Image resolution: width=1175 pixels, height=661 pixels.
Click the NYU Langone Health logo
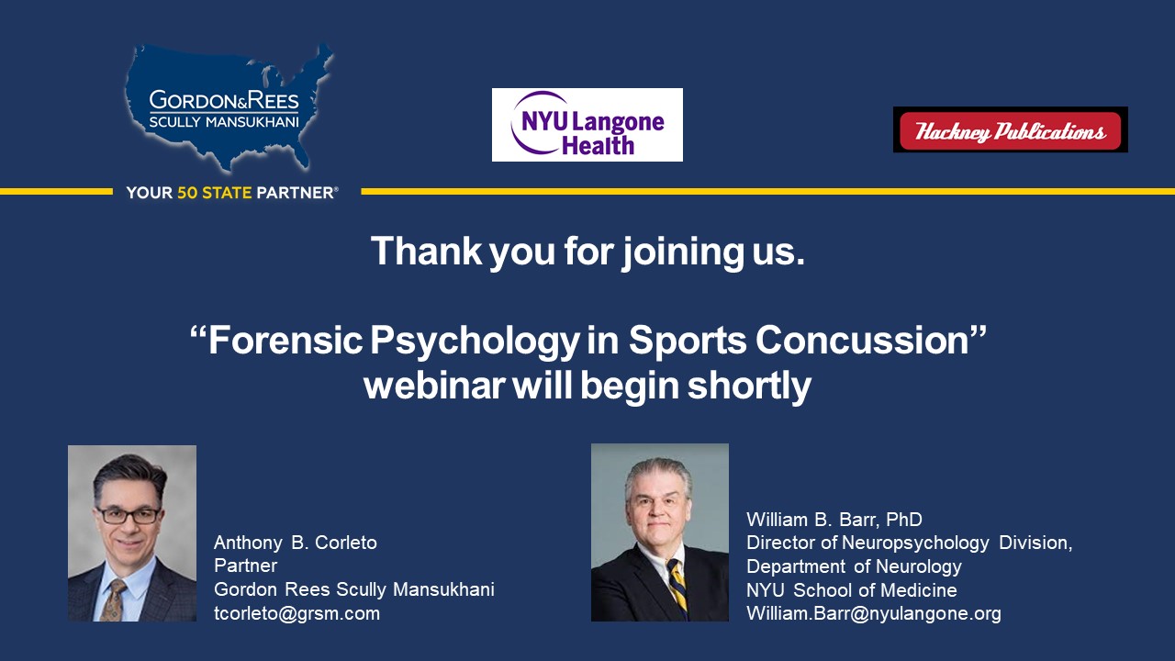(x=587, y=125)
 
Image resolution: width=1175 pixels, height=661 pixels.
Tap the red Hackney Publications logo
(x=1011, y=130)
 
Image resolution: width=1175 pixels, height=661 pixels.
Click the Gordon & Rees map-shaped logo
(x=229, y=107)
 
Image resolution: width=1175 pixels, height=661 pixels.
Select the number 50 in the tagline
(x=187, y=193)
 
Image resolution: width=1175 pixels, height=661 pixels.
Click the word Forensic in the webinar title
(x=285, y=340)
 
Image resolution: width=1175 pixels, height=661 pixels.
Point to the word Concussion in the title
(x=862, y=340)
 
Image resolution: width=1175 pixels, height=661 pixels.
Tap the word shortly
(x=749, y=387)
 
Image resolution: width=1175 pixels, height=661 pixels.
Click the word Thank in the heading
(x=426, y=251)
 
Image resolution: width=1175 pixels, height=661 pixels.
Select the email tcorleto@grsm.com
(x=297, y=612)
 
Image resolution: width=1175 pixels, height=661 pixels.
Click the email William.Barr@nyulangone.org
(x=874, y=612)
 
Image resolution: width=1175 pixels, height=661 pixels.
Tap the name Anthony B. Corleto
(x=296, y=543)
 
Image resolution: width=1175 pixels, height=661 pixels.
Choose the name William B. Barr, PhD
(x=834, y=520)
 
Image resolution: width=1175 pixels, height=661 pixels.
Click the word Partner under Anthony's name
(x=245, y=566)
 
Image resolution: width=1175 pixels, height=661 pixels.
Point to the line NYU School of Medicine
(x=851, y=589)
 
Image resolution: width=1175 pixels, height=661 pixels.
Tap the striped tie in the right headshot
(x=677, y=588)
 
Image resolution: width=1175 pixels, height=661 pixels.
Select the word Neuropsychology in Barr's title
(x=915, y=543)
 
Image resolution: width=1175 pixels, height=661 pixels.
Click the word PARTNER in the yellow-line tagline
(x=295, y=193)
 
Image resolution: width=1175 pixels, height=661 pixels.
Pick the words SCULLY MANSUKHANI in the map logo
(x=224, y=122)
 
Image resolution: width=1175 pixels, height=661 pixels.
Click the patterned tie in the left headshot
(x=112, y=600)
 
